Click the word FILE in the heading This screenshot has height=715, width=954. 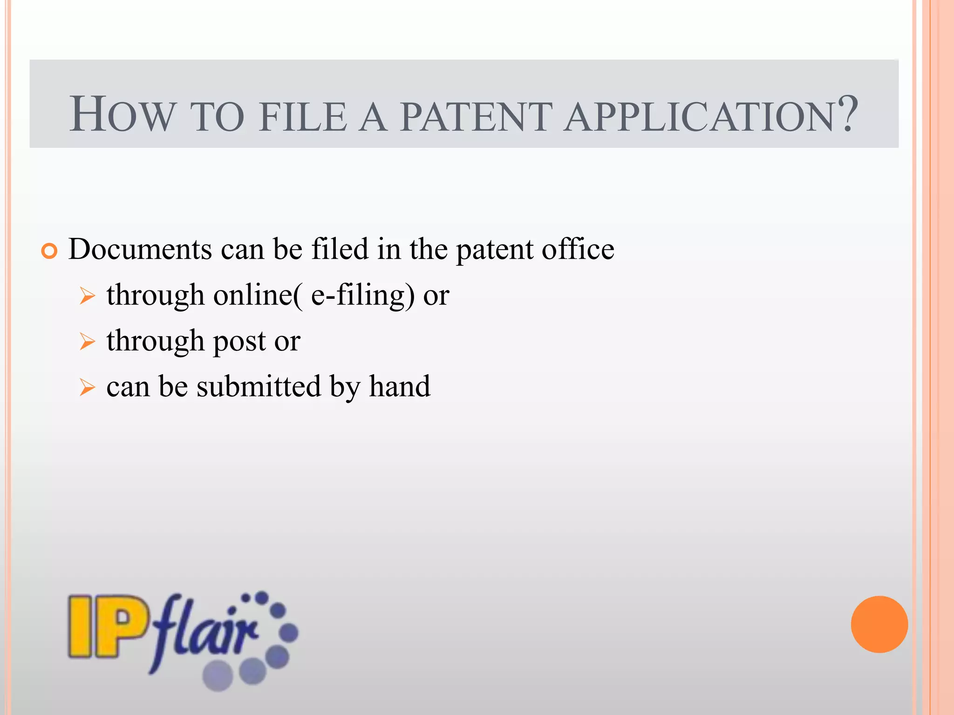tap(303, 116)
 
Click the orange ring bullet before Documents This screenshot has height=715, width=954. tap(49, 251)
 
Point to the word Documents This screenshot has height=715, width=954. tap(140, 249)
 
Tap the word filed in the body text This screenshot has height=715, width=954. tap(340, 249)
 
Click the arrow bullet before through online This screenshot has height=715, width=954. tap(87, 296)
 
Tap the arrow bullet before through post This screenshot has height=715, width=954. tap(87, 342)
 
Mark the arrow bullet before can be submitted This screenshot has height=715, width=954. tap(87, 387)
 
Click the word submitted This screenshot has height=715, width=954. tap(259, 386)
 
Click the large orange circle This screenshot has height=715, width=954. tap(879, 624)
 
